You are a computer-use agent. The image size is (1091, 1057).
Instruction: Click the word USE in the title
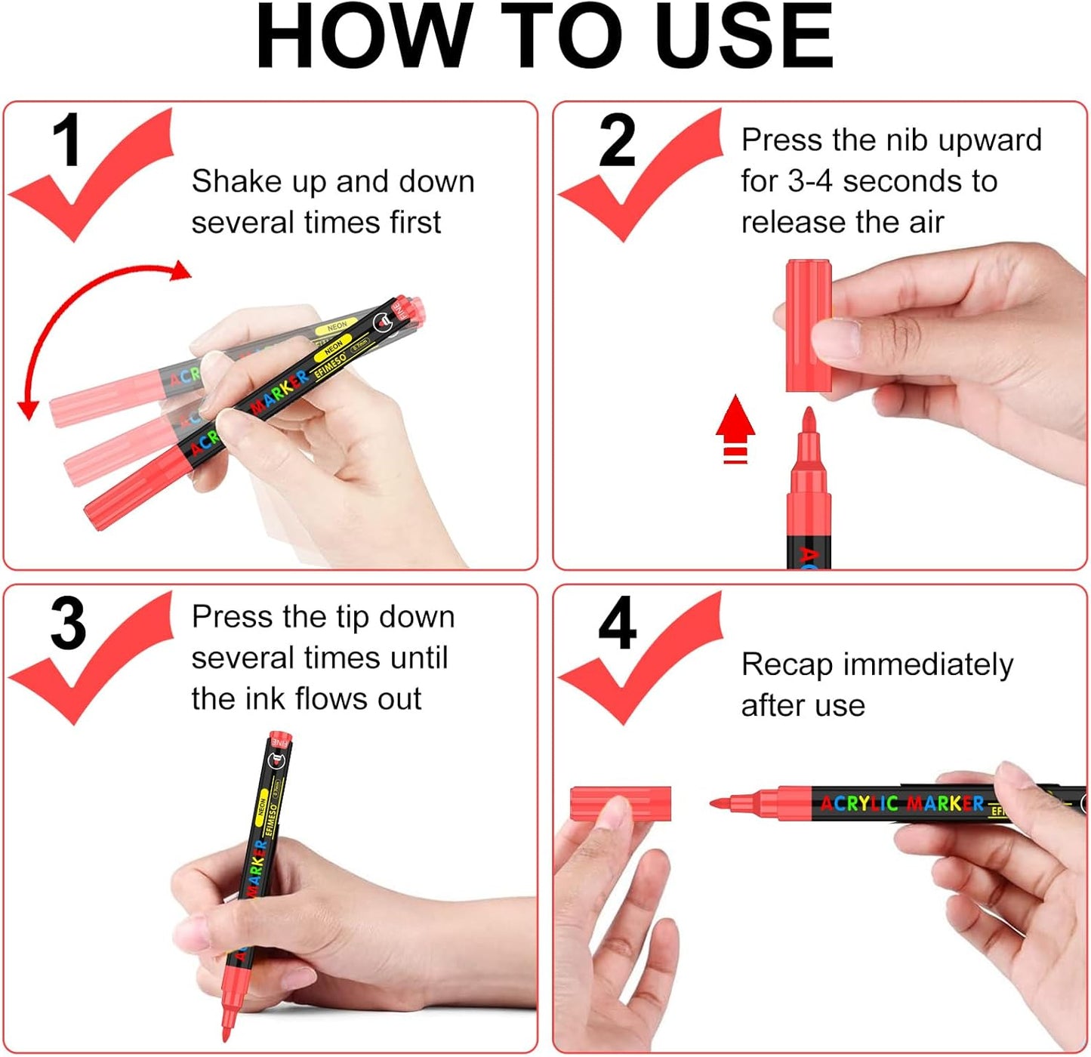[x=744, y=38]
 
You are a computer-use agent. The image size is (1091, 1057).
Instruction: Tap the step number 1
[x=66, y=141]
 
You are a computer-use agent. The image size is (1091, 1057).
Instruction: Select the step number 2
[x=617, y=141]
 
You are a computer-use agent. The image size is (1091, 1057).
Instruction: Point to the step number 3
[x=68, y=624]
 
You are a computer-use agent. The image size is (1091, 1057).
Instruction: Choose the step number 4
[x=617, y=624]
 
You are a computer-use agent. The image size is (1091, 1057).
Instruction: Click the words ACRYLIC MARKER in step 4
[x=902, y=803]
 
